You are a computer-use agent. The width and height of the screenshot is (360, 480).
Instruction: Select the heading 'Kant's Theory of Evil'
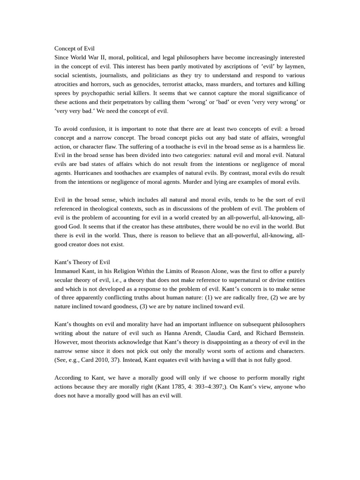(x=82, y=262)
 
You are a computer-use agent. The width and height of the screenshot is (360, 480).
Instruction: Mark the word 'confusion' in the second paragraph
(x=96, y=128)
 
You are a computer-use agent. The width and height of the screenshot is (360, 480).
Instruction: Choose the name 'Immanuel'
(x=68, y=271)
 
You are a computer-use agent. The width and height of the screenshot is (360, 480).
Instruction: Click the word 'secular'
(x=66, y=280)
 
